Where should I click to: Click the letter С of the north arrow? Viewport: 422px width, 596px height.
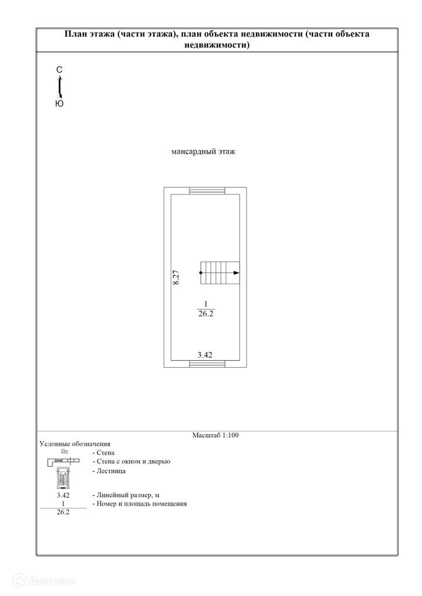[59, 70]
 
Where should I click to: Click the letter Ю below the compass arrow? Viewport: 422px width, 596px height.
[59, 104]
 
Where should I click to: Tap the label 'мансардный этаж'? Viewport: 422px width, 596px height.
[203, 152]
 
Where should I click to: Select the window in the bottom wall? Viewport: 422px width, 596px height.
[208, 364]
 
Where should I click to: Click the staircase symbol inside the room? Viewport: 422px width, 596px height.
[220, 272]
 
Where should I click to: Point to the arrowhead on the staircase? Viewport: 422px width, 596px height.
[236, 272]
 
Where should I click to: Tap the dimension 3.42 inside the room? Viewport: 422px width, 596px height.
[205, 354]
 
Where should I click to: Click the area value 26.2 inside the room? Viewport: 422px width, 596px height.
[205, 313]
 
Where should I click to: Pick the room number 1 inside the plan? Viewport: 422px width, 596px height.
[205, 303]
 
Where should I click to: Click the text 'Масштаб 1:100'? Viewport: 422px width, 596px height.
[216, 435]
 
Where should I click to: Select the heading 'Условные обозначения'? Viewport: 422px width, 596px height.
[75, 444]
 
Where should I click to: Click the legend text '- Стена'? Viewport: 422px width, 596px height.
[103, 452]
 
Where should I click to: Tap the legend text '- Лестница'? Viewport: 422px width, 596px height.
[108, 471]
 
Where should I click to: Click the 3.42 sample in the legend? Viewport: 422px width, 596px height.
[63, 495]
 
